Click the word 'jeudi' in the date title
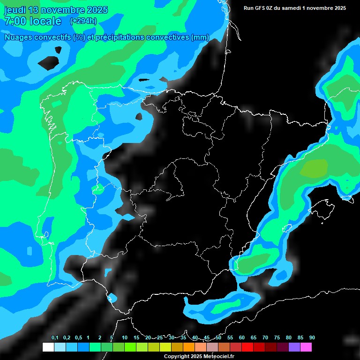(15, 10)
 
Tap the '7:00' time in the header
(14, 22)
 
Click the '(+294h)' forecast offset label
(83, 21)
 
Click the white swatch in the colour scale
(48, 347)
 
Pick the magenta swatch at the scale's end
(306, 347)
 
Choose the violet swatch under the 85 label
(294, 347)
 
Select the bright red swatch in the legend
(247, 347)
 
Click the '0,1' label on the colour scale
(55, 338)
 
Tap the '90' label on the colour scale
(312, 338)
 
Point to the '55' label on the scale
(230, 338)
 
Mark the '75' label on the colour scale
(277, 338)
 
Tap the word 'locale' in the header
(45, 22)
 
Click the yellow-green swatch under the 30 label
(165, 347)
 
